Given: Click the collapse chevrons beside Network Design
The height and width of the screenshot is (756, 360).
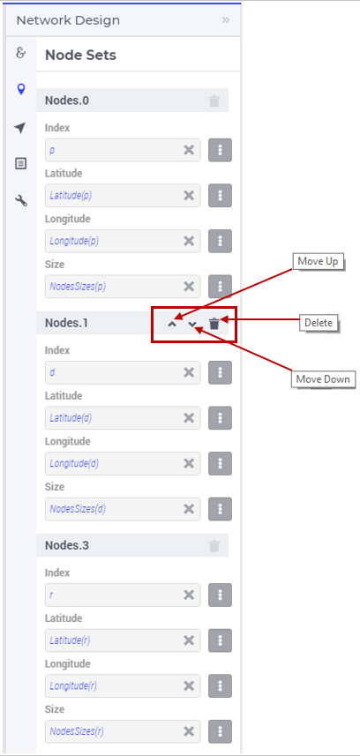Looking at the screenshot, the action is [x=226, y=19].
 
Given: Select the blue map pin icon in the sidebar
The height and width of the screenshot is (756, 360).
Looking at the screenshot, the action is [x=20, y=89].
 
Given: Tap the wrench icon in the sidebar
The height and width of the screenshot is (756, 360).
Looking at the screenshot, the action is [x=21, y=200].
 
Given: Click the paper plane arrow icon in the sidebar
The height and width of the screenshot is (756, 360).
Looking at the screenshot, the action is [x=19, y=128].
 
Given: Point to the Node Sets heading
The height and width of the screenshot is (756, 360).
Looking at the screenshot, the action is [x=80, y=55].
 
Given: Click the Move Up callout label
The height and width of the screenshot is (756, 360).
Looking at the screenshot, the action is [x=318, y=261].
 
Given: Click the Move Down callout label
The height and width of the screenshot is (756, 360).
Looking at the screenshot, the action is [x=323, y=379].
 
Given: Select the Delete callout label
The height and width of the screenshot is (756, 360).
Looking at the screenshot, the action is [x=319, y=323].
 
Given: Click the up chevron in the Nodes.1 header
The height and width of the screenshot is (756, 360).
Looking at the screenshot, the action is [x=172, y=324].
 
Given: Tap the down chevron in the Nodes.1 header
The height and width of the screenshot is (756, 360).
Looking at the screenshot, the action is [x=192, y=324].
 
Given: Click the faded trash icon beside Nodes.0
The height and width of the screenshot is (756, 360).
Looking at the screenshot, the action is [x=214, y=101].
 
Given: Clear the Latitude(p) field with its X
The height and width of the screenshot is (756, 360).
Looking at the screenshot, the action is [x=189, y=195].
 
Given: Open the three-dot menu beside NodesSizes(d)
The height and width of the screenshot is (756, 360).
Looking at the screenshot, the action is [x=220, y=509].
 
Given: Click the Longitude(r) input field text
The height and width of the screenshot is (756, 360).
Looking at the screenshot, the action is [x=73, y=685].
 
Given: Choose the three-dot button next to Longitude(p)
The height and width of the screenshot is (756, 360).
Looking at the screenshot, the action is [x=220, y=241].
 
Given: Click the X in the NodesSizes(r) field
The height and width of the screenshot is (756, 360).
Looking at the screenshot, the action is [x=189, y=731].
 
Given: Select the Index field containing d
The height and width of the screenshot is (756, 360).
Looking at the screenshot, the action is [x=123, y=372].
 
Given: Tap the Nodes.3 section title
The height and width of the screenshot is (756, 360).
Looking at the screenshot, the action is [x=67, y=545].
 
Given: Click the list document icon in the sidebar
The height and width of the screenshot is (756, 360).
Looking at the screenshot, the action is [x=20, y=163].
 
